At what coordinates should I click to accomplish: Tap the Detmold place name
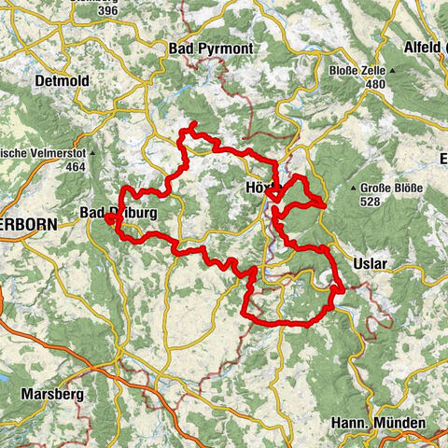[x=61, y=81]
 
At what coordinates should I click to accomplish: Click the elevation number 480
[x=376, y=84]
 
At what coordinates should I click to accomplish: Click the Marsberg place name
[x=55, y=394]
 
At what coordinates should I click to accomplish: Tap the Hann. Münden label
[x=378, y=423]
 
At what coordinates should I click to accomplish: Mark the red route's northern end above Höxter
[x=192, y=124]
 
